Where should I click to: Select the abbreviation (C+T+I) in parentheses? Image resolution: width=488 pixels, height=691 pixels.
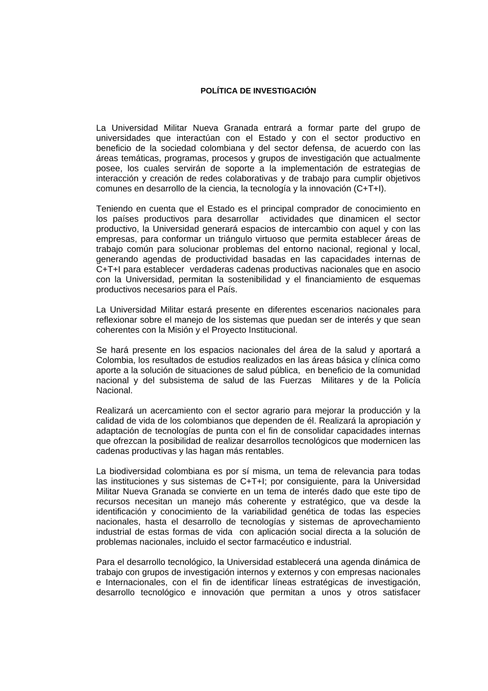coord(369,188)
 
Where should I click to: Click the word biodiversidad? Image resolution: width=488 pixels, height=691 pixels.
coord(128,471)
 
